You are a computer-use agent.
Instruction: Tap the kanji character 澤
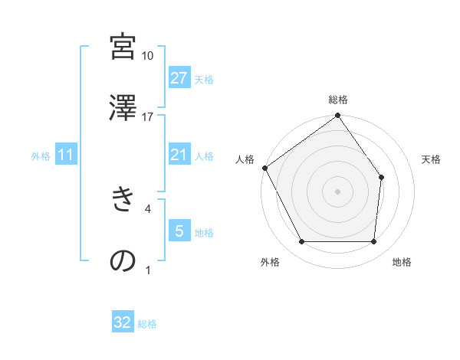pos(123,108)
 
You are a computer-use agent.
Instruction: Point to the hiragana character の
pos(123,260)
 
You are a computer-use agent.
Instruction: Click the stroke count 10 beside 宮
pos(148,55)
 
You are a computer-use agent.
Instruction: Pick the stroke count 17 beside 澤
pos(148,116)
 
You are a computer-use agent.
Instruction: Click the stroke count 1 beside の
pos(148,270)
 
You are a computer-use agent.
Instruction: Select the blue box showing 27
pos(179,78)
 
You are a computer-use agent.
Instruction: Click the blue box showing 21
pos(179,155)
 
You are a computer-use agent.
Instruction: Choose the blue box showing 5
pos(179,231)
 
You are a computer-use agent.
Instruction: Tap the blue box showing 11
pos(66,155)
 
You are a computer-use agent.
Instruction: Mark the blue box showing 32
pos(123,323)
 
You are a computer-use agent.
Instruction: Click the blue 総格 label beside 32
pos(147,324)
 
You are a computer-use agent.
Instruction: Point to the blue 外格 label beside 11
pos(41,155)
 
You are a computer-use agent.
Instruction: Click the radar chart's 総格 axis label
pos(338,100)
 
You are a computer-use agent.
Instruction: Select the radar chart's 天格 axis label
pos(432,159)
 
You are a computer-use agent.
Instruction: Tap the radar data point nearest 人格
pos(265,168)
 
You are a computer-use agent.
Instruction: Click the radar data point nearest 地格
pos(374,242)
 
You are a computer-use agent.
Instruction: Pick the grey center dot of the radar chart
pos(338,191)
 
